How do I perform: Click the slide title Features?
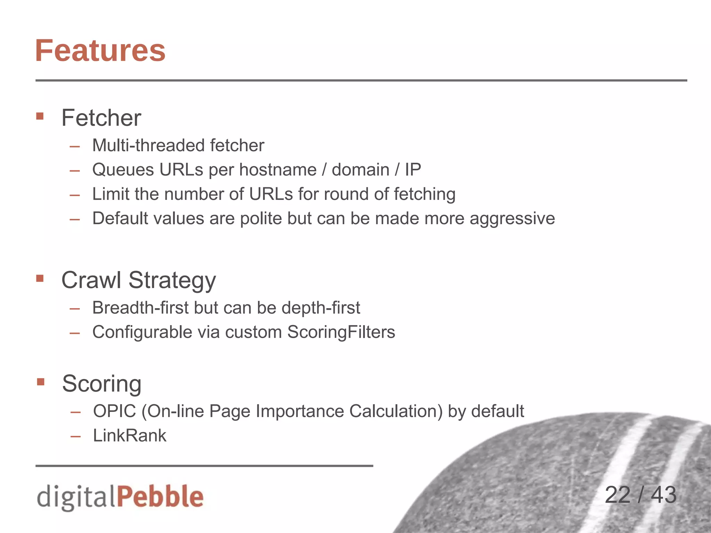click(100, 51)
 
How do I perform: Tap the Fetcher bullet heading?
click(101, 118)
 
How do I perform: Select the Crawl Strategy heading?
click(139, 280)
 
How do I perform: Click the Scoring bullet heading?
click(102, 383)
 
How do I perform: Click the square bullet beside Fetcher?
click(40, 116)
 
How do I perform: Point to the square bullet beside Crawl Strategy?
click(40, 278)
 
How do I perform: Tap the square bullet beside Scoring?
click(41, 382)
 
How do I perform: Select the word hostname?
click(278, 170)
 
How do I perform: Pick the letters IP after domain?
click(413, 170)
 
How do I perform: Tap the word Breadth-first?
click(140, 308)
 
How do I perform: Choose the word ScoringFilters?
click(341, 332)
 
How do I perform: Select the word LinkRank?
click(129, 436)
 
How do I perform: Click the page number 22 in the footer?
click(617, 495)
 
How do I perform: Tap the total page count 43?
click(663, 495)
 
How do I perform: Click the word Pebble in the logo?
click(160, 496)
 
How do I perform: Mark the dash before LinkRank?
click(75, 436)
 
